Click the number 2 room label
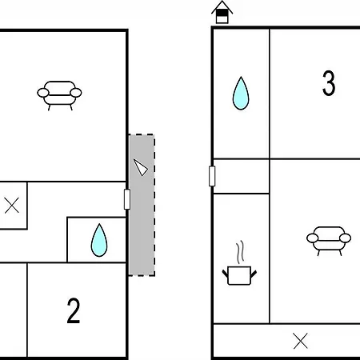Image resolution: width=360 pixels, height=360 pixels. (x=74, y=310)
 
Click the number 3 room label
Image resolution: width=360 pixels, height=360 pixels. (x=329, y=83)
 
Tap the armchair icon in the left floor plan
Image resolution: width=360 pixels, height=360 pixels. (x=59, y=95)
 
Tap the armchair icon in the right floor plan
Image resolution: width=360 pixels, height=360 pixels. (x=329, y=241)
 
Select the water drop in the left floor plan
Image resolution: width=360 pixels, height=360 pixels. (x=99, y=240)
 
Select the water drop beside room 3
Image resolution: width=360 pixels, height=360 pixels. (x=241, y=93)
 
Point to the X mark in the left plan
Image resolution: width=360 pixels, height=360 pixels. (x=12, y=205)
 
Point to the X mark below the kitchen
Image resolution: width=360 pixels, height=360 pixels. (x=301, y=341)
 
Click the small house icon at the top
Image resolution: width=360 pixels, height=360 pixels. (x=222, y=12)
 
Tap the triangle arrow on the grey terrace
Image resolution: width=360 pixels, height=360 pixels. (x=141, y=167)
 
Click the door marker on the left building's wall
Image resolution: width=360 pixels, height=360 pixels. (x=127, y=199)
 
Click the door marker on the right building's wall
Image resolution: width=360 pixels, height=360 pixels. (x=212, y=176)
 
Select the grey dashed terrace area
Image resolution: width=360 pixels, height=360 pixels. (x=142, y=205)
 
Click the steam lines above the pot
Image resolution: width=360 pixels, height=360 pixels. (x=240, y=250)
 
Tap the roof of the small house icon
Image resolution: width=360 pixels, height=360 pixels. (x=222, y=7)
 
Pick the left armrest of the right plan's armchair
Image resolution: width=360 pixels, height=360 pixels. (x=313, y=238)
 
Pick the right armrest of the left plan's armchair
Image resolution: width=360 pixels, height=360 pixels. (x=76, y=93)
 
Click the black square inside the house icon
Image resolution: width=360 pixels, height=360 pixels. (x=222, y=14)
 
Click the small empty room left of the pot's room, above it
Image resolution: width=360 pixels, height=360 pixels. (x=241, y=176)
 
